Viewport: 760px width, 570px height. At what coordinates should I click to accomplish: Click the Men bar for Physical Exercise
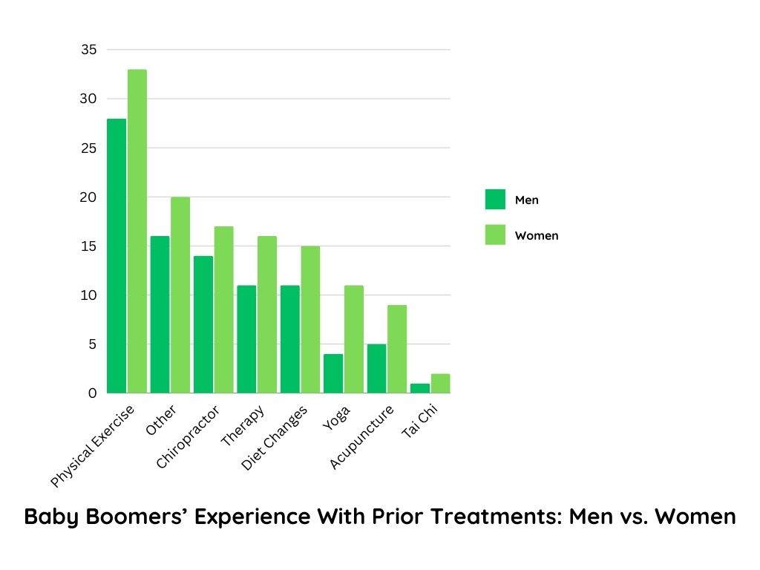click(x=117, y=256)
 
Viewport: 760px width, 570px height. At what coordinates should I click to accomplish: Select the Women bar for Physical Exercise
click(x=137, y=232)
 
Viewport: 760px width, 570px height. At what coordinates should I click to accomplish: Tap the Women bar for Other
click(x=180, y=295)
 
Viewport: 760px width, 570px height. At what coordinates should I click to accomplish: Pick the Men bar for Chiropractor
click(x=203, y=324)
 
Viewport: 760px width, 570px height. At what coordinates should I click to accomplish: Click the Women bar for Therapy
click(x=267, y=315)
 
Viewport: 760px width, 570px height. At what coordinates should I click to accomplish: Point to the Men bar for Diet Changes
click(x=289, y=339)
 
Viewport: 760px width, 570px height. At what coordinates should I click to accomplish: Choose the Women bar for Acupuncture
click(x=397, y=349)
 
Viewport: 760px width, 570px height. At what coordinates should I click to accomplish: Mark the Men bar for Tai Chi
click(x=420, y=388)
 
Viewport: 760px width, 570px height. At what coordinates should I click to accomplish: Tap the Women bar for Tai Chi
click(x=440, y=384)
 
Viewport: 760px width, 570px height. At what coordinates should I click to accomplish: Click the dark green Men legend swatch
click(x=495, y=200)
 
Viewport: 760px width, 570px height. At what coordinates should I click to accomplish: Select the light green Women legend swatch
click(x=495, y=235)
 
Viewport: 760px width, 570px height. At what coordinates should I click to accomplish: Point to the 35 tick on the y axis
click(x=89, y=50)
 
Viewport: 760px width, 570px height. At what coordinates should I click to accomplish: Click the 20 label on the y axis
click(x=89, y=197)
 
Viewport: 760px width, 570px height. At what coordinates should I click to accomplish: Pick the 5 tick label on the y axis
click(x=92, y=344)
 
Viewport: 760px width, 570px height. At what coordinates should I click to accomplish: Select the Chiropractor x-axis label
click(x=189, y=438)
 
